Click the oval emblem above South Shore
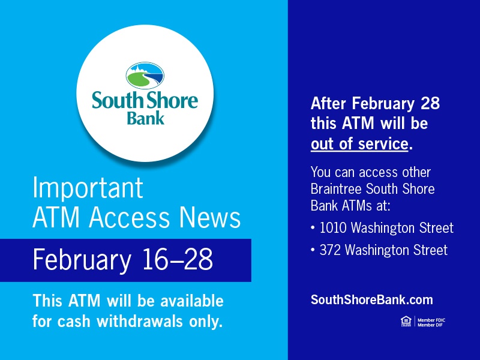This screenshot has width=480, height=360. click(x=145, y=75)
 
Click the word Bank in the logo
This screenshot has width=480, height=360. click(x=145, y=117)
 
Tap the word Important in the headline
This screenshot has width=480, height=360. click(x=88, y=188)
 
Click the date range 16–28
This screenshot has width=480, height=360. click(x=178, y=260)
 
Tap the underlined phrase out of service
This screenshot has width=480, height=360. click(x=359, y=144)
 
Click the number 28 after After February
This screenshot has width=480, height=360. click(x=429, y=103)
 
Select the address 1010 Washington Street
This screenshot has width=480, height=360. click(x=386, y=228)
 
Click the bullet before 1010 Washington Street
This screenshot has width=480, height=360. click(x=313, y=229)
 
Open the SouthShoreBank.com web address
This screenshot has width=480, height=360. click(x=371, y=300)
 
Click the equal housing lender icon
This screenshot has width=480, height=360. click(x=403, y=323)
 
